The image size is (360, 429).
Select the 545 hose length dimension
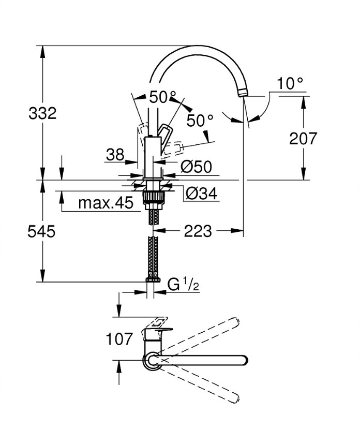pos(42,231)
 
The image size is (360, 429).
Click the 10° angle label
pos(290,83)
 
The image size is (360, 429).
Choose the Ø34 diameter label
pos(201,193)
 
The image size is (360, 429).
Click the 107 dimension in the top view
pos(119,340)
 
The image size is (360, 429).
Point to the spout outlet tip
pos(243,93)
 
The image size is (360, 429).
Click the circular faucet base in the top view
pos(153,360)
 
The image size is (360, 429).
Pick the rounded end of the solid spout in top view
pos(243,360)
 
